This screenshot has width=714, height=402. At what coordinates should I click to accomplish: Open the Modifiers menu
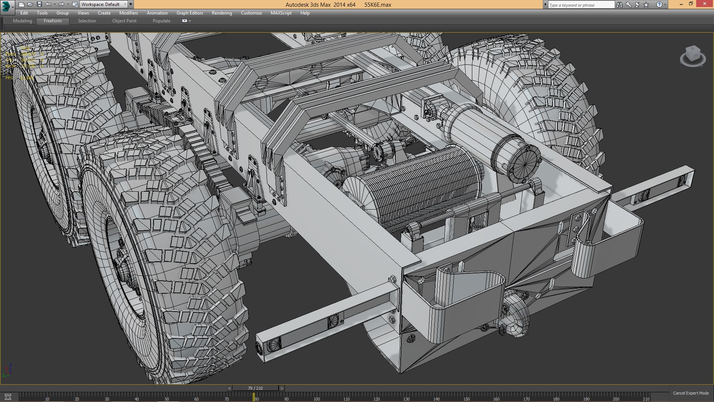point(128,13)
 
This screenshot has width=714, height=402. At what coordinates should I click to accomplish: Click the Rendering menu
point(222,13)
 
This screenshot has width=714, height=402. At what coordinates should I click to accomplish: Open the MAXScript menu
point(281,13)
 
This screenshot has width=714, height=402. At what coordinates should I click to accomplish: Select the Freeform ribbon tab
point(53,21)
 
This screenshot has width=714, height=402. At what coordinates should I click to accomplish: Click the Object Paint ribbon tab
point(124,21)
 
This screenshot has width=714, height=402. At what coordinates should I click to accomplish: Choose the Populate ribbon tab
point(161,21)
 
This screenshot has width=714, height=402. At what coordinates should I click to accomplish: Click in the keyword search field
point(581,5)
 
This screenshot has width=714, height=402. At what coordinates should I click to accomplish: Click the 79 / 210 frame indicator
point(255,388)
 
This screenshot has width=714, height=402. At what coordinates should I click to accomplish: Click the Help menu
point(305,13)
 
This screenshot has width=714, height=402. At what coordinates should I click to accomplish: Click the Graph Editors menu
point(190,13)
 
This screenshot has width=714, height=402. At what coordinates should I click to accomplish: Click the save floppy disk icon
point(39,4)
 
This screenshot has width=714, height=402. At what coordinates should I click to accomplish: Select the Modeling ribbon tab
point(22,21)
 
